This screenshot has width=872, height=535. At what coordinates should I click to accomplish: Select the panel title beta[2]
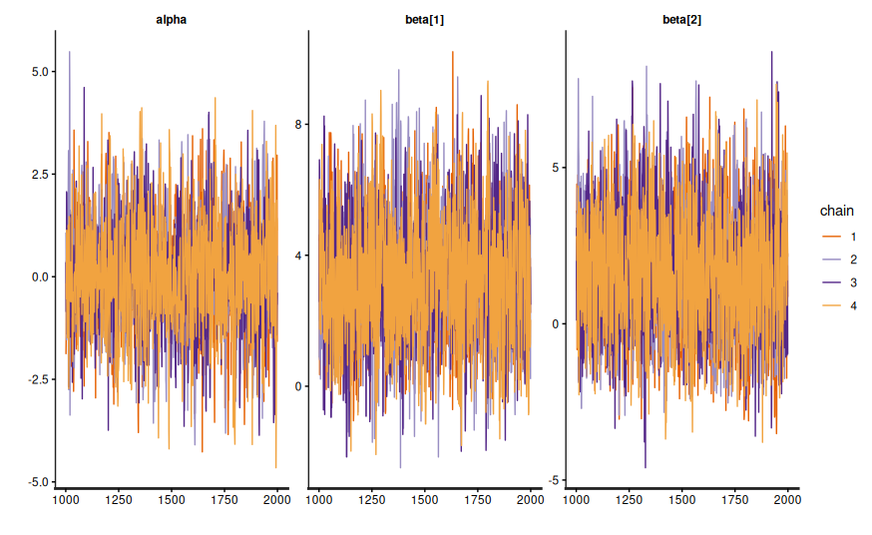pos(681,20)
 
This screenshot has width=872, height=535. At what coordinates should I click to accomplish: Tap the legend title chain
pos(836,211)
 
